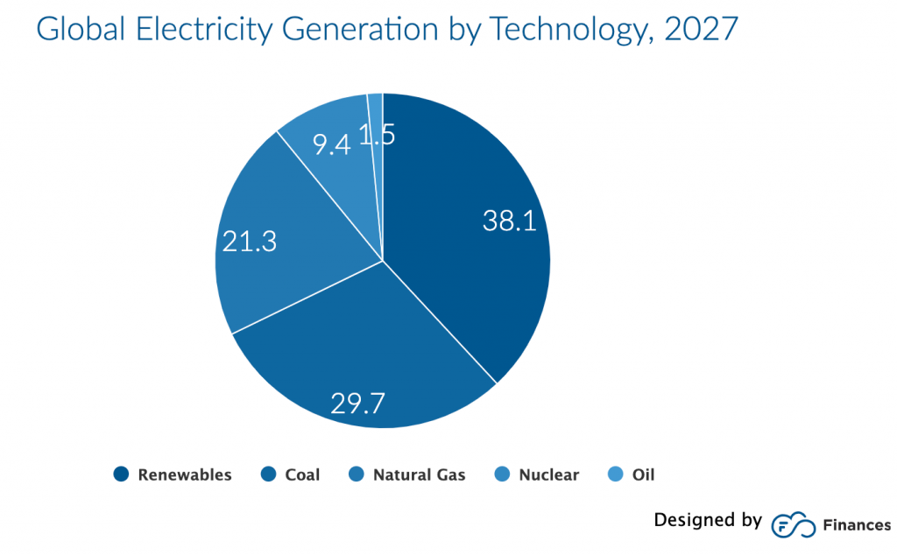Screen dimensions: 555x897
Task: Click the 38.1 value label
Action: tap(509, 221)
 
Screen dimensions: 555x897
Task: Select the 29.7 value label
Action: tap(358, 403)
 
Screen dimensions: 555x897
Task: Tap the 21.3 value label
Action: tap(250, 241)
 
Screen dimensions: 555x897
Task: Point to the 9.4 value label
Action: tap(332, 144)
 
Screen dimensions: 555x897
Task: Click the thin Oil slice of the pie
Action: tap(376, 109)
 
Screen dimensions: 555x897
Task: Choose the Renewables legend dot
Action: tap(121, 474)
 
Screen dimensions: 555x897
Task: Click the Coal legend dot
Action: tap(269, 474)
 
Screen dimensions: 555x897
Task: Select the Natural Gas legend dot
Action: tap(357, 474)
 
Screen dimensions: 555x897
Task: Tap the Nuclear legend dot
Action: tap(503, 474)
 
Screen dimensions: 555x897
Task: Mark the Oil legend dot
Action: tap(616, 474)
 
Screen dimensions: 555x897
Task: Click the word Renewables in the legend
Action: tap(185, 475)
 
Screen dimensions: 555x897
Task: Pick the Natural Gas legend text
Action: tap(419, 475)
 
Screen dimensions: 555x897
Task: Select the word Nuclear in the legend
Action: tap(548, 475)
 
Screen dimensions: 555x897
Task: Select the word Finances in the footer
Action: tap(857, 525)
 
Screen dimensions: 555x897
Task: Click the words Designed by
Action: tap(708, 521)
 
